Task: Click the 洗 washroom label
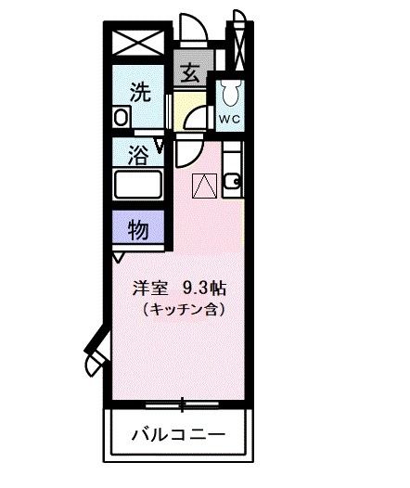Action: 138,92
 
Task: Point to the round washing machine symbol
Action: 121,118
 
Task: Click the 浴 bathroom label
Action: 137,154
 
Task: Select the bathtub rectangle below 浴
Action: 137,184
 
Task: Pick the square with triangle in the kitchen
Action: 203,186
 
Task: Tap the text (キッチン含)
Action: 183,307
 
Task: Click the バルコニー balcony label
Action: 177,434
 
